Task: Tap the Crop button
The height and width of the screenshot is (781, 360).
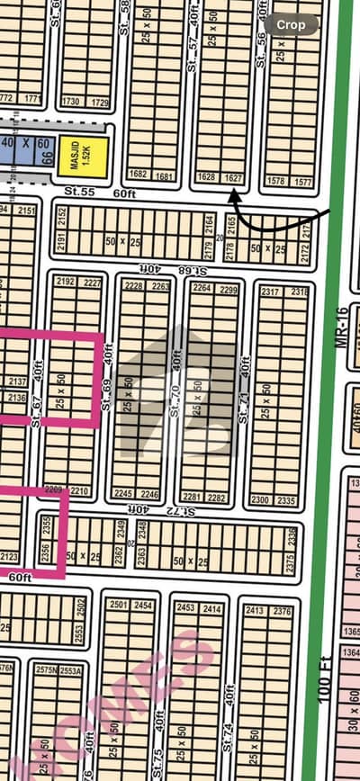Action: pos(292,24)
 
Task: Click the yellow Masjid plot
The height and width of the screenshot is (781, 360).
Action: pos(83,154)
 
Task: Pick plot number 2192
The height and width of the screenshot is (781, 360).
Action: pos(65,282)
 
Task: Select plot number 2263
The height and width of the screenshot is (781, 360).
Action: pos(161,286)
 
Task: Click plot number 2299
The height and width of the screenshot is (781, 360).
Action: pos(227,288)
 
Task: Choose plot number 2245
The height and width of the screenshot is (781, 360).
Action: pos(122,493)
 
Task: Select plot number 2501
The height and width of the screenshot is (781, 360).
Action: pos(119,606)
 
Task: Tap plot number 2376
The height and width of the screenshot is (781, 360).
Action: pos(282,611)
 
